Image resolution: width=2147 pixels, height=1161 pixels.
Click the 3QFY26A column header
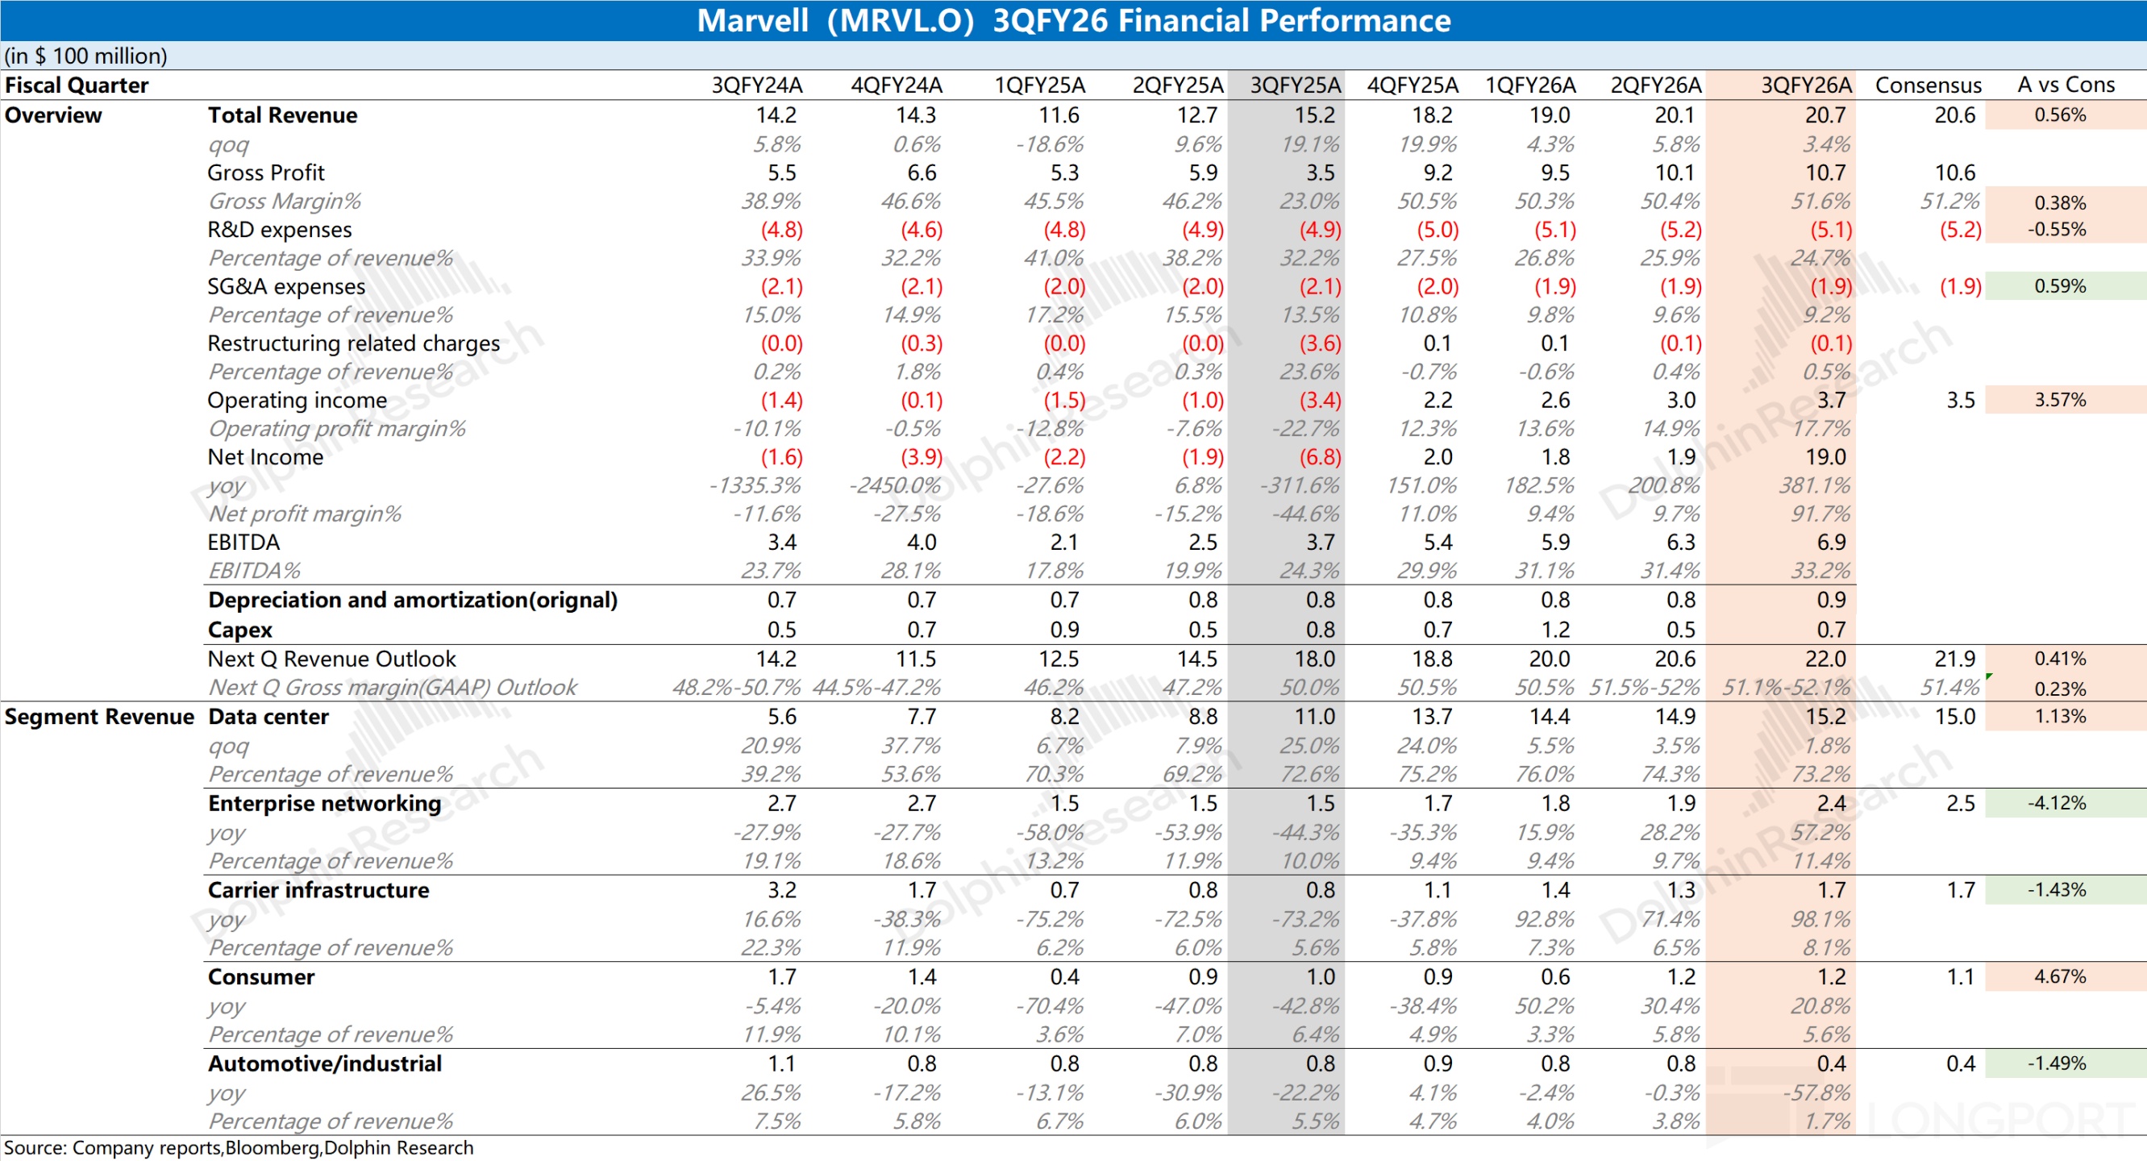[x=1805, y=85]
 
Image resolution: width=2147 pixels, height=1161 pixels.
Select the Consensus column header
[x=1928, y=85]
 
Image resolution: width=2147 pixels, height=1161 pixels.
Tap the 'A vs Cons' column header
[x=2066, y=85]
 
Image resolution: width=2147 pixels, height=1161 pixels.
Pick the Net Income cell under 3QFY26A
[x=1825, y=456]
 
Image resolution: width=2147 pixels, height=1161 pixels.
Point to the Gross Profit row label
[x=266, y=173]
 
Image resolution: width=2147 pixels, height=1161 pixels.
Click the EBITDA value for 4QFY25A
[x=1438, y=543]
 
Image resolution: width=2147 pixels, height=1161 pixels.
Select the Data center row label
[x=268, y=717]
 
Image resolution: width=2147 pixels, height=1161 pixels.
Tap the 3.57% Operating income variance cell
[x=2059, y=400]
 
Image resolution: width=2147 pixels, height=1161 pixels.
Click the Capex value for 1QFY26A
[x=1554, y=630]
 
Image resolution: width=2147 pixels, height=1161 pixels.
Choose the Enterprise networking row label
[x=324, y=804]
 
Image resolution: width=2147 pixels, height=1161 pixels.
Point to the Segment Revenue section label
[x=99, y=717]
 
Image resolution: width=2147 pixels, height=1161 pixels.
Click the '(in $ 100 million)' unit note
[x=85, y=56]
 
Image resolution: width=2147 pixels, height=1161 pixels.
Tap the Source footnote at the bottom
[x=239, y=1147]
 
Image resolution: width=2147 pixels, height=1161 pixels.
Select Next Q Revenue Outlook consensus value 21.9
[x=1954, y=660]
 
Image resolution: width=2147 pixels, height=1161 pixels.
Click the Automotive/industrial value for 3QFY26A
[x=1831, y=1063]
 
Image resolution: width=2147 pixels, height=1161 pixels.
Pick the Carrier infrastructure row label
[x=318, y=890]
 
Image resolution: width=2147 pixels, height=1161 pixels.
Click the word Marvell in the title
[x=751, y=20]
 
